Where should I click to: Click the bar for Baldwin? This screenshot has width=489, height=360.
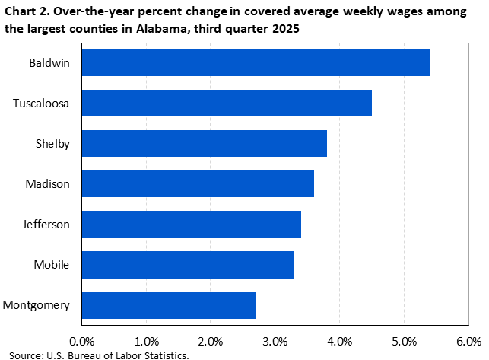(x=256, y=62)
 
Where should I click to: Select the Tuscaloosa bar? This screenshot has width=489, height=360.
(x=227, y=103)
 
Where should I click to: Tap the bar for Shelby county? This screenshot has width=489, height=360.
(x=204, y=143)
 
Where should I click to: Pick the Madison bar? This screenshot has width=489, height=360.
(x=198, y=183)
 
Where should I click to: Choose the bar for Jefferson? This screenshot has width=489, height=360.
(x=191, y=224)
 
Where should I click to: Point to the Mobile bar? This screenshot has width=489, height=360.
(x=188, y=264)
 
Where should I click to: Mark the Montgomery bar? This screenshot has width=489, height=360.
(x=168, y=304)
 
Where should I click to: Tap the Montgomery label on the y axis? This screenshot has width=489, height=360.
(x=37, y=305)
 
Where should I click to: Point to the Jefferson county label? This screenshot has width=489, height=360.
(x=47, y=225)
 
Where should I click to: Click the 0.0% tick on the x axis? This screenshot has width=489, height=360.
(x=81, y=340)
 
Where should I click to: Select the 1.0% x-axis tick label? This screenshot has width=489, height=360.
(x=146, y=340)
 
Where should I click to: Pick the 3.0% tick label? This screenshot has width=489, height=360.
(x=275, y=340)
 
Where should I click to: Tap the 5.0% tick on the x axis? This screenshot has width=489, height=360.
(x=404, y=340)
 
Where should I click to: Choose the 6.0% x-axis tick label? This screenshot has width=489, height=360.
(x=468, y=340)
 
